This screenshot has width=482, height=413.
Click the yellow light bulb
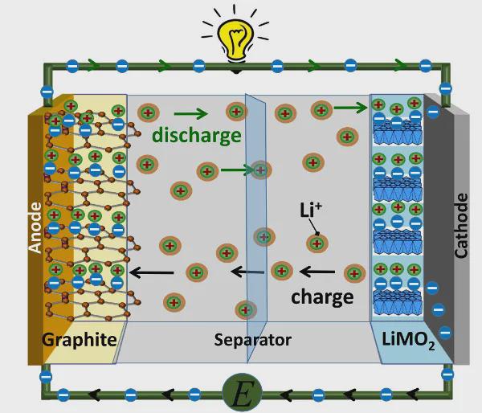point(235,39)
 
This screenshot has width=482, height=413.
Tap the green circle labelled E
point(242,393)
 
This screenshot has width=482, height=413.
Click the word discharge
point(197,135)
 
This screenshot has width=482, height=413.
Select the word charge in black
point(322,297)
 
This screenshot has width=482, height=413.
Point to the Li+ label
point(310,210)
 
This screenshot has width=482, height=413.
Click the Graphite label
point(80,340)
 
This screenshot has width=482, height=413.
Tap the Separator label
point(253,340)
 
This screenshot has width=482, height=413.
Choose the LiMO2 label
point(408,341)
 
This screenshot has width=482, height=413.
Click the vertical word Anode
point(35,227)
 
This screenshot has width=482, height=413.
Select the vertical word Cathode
point(461,226)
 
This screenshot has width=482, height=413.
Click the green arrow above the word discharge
point(190,114)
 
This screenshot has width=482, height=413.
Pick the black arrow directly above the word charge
point(317,272)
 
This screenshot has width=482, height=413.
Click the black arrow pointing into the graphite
point(151,272)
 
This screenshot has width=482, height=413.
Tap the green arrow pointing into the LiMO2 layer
point(351,108)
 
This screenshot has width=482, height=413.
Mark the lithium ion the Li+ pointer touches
point(317,243)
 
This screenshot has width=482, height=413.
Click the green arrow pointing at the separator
point(237,170)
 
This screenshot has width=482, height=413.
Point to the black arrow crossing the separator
point(247,272)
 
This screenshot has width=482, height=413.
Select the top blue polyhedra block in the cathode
point(397,133)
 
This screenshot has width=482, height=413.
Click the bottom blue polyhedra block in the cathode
point(397,303)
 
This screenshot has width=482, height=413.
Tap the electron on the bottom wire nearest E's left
point(194,395)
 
